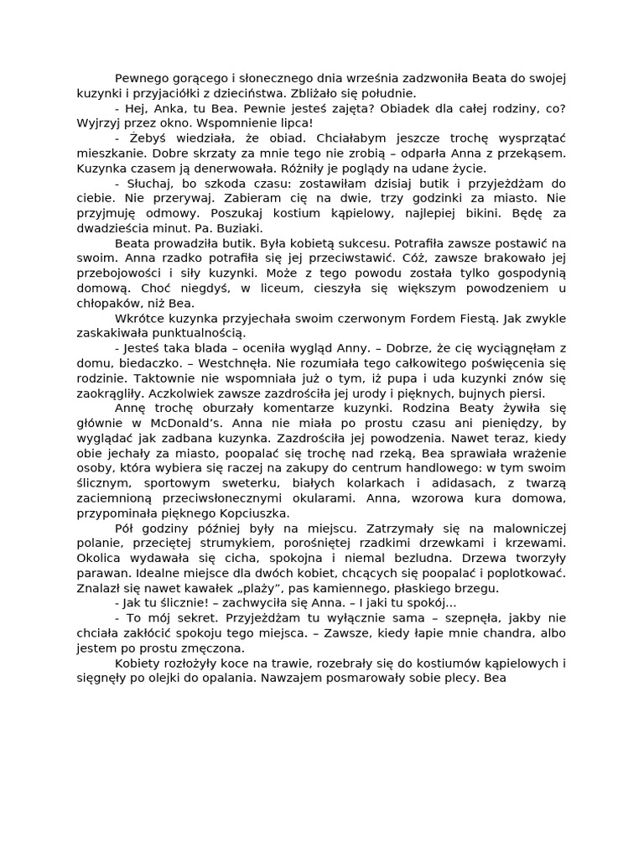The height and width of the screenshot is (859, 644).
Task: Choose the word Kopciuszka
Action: pyautogui.click(x=252, y=513)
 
